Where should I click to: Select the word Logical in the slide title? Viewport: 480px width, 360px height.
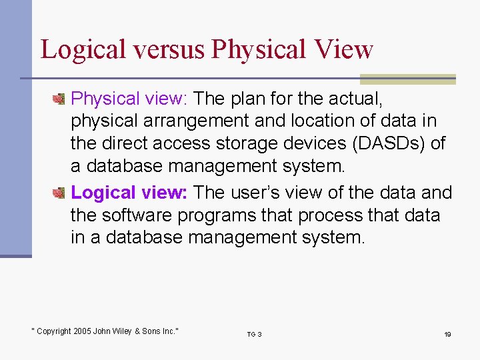82,49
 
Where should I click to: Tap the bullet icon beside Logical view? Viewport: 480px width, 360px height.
59,193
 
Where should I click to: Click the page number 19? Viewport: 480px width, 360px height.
447,334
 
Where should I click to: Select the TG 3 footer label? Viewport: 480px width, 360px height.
254,334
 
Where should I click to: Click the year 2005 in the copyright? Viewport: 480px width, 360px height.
83,331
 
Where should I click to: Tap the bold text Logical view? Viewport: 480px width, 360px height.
130,193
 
